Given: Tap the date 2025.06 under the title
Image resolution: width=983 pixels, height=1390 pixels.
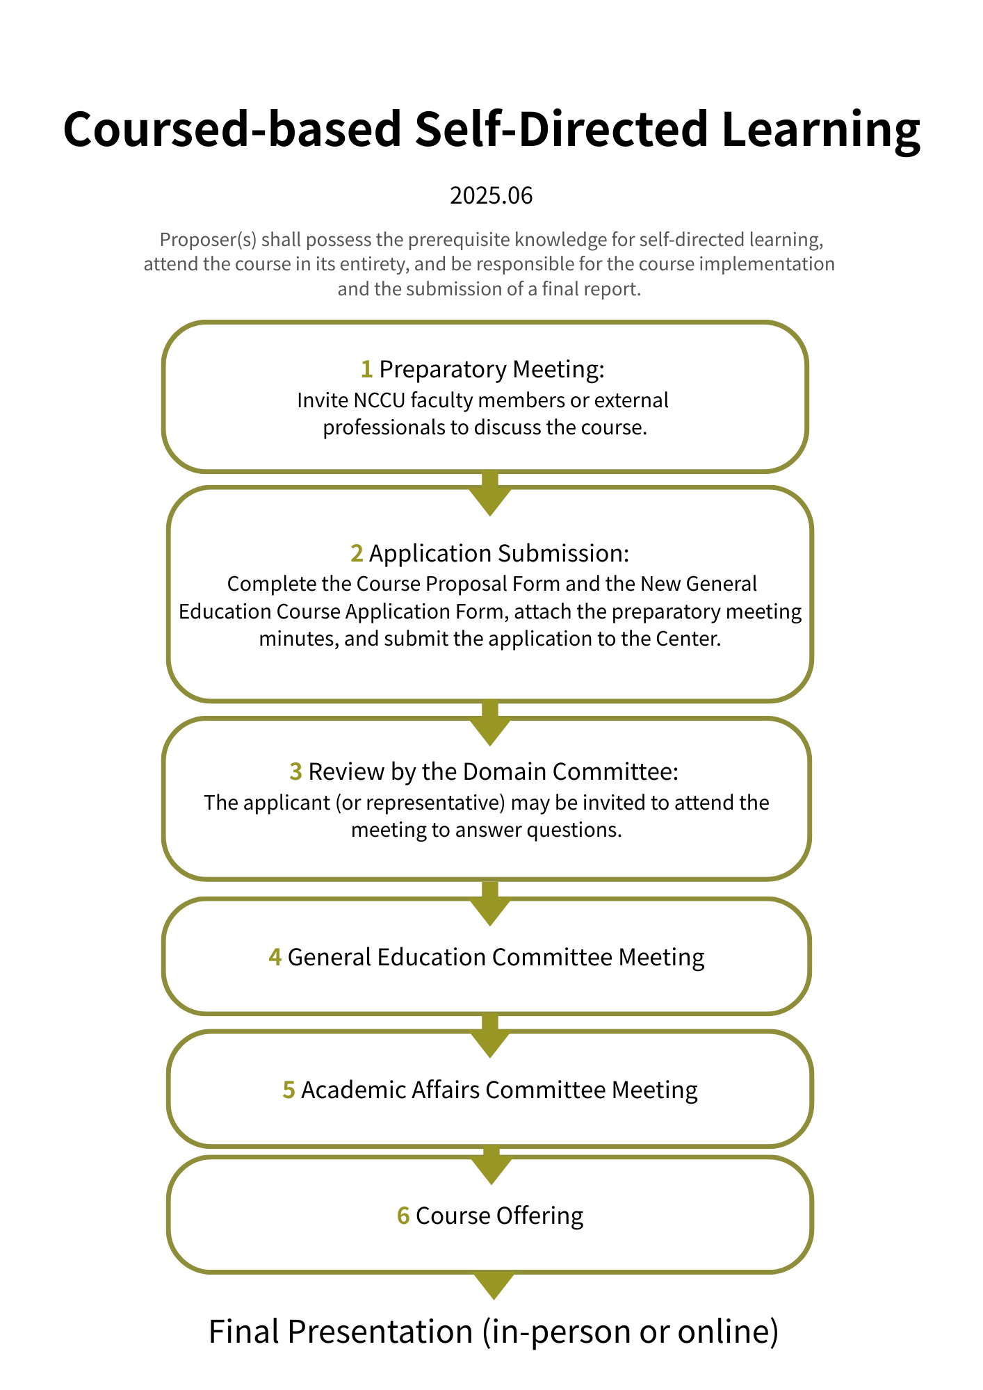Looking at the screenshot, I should pyautogui.click(x=491, y=196).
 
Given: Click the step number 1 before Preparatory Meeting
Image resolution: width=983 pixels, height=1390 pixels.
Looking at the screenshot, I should pyautogui.click(x=366, y=370).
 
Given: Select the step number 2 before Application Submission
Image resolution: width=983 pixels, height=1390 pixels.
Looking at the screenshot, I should pyautogui.click(x=357, y=554).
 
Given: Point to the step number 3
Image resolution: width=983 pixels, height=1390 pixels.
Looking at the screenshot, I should pyautogui.click(x=295, y=772).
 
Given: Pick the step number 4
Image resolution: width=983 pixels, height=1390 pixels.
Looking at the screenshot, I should pyautogui.click(x=275, y=958).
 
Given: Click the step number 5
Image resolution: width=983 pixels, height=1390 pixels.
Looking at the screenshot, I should pyautogui.click(x=289, y=1090).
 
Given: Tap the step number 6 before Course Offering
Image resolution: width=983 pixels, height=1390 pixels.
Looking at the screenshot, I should pyautogui.click(x=403, y=1216).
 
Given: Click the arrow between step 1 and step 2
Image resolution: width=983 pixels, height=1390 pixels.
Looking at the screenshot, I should pyautogui.click(x=490, y=495).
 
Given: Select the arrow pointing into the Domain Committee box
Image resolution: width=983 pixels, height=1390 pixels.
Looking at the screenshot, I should pyautogui.click(x=490, y=726).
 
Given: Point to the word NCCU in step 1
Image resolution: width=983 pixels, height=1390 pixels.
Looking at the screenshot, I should pyautogui.click(x=379, y=401).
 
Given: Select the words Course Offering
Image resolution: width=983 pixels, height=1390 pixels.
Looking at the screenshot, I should pyautogui.click(x=499, y=1216).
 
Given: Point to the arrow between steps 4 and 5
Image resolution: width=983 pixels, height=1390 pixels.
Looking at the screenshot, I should pyautogui.click(x=490, y=1038).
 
